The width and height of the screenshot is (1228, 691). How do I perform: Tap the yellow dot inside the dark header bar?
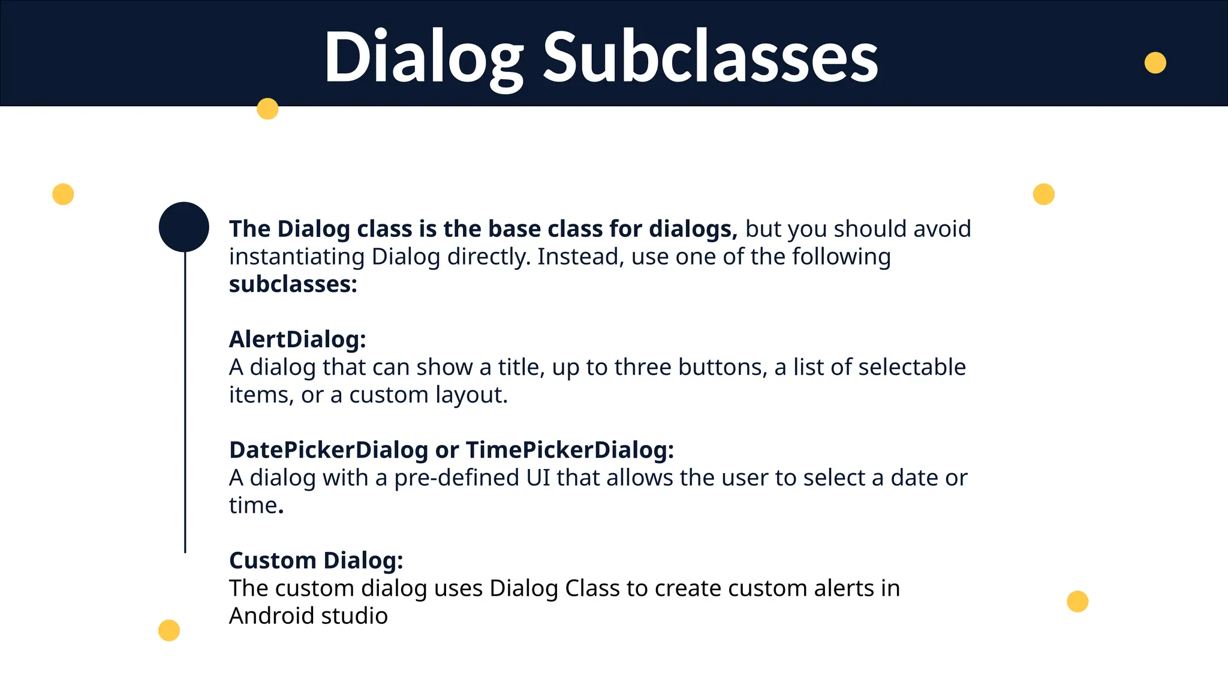coord(1155,63)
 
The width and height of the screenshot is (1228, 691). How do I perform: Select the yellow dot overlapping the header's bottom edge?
coord(267,109)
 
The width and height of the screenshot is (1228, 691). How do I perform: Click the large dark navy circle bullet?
coord(184,227)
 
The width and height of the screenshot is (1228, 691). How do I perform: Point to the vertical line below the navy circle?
coord(185,402)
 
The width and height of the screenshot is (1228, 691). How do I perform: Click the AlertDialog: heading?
coord(297,340)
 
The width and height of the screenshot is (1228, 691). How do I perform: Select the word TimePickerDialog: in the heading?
coord(570,450)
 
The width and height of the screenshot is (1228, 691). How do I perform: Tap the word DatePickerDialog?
coord(329,450)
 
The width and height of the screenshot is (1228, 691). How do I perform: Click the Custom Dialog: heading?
coord(316,560)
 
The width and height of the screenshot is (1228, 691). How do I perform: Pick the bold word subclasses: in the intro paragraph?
coord(293,284)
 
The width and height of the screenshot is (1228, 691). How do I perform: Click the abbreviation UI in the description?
coord(538,478)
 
